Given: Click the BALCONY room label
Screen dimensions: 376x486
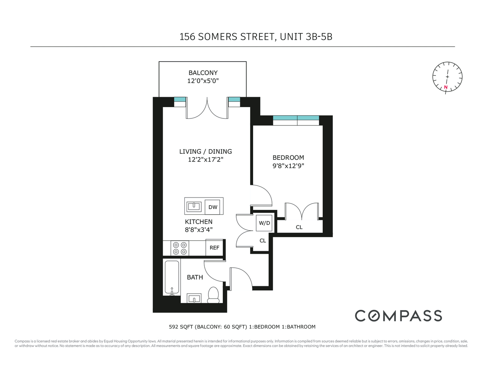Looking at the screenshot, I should click(203, 73).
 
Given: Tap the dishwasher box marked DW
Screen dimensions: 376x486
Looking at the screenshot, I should click(213, 207).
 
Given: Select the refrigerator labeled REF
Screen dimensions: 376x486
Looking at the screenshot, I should click(214, 248).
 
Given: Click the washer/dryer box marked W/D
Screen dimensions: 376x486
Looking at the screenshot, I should click(264, 223).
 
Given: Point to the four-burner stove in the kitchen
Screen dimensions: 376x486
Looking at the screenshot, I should click(180, 248).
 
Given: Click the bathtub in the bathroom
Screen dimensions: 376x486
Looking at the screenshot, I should click(172, 277).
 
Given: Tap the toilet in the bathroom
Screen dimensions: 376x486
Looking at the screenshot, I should click(213, 296).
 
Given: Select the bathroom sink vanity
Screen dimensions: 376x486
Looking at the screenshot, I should click(194, 299).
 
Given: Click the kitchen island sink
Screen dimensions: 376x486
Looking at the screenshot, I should click(194, 206).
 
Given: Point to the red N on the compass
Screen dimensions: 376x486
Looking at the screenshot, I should click(446, 87).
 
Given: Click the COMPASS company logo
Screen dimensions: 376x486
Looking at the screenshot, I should click(398, 316).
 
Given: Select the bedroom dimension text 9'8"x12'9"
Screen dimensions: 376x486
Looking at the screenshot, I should click(288, 166).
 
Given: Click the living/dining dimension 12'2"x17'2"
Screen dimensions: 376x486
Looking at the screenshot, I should click(205, 159).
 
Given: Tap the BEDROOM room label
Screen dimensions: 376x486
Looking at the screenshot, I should click(288, 158).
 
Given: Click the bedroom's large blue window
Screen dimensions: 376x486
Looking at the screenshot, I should click(296, 120).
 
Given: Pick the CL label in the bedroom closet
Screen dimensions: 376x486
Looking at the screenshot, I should click(299, 227).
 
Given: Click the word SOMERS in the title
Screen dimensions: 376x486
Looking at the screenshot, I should click(217, 37).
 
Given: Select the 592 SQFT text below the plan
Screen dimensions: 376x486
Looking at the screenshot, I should click(180, 327).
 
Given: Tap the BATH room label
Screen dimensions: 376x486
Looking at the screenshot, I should click(195, 277).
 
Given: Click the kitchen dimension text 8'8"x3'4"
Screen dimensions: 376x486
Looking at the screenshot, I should click(198, 230).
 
